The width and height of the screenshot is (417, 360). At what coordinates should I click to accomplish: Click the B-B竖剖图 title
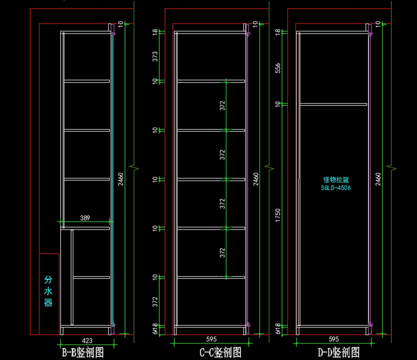pos(83,353)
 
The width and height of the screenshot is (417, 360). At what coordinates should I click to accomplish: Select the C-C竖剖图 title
pos(221,353)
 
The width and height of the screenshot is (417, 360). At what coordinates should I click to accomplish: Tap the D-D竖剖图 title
pos(339,353)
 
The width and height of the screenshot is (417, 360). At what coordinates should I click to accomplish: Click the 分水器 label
pos(48,291)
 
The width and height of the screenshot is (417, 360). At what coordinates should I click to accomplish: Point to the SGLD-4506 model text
pos(336,188)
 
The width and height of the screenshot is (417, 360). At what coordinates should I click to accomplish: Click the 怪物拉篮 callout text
pos(336,180)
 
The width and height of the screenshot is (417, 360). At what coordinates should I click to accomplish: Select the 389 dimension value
pos(85,218)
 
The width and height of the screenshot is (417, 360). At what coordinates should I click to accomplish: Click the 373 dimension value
pos(155,57)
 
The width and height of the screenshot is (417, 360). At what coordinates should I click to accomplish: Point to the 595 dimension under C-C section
pos(211,339)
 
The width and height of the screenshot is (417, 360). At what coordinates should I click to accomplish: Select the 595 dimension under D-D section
pos(333,339)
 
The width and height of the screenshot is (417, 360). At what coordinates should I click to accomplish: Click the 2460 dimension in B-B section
pos(121,179)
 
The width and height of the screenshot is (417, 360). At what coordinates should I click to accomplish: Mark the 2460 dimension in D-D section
pos(378,179)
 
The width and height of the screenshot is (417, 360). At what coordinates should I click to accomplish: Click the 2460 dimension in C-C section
pos(255,179)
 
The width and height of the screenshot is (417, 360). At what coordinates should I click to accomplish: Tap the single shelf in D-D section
pos(333,104)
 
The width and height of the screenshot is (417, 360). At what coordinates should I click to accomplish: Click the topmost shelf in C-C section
pos(211,81)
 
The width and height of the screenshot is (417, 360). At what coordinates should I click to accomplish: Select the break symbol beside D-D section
pos(392,168)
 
